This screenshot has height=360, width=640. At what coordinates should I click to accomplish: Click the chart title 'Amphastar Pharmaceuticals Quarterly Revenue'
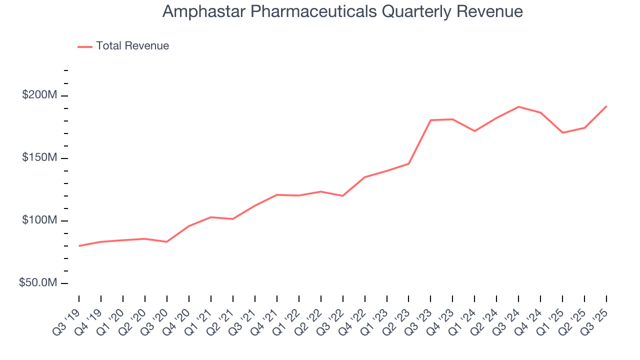(342, 12)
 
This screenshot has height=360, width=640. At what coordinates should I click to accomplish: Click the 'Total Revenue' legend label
(132, 46)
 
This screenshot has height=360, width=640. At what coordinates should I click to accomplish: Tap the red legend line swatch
(85, 46)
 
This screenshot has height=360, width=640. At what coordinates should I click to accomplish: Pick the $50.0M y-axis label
(37, 283)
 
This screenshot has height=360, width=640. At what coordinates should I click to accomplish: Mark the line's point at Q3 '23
(430, 120)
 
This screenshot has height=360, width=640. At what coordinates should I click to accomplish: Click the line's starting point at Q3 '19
(79, 246)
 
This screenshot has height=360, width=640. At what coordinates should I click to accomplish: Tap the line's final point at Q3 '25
(606, 106)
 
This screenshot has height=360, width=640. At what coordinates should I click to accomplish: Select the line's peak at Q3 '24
(518, 106)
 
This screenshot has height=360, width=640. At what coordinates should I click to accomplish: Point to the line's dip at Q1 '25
(562, 132)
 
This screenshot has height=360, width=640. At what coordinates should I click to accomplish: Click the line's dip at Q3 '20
(166, 242)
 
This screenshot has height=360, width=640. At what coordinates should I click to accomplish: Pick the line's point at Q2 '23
(408, 163)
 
